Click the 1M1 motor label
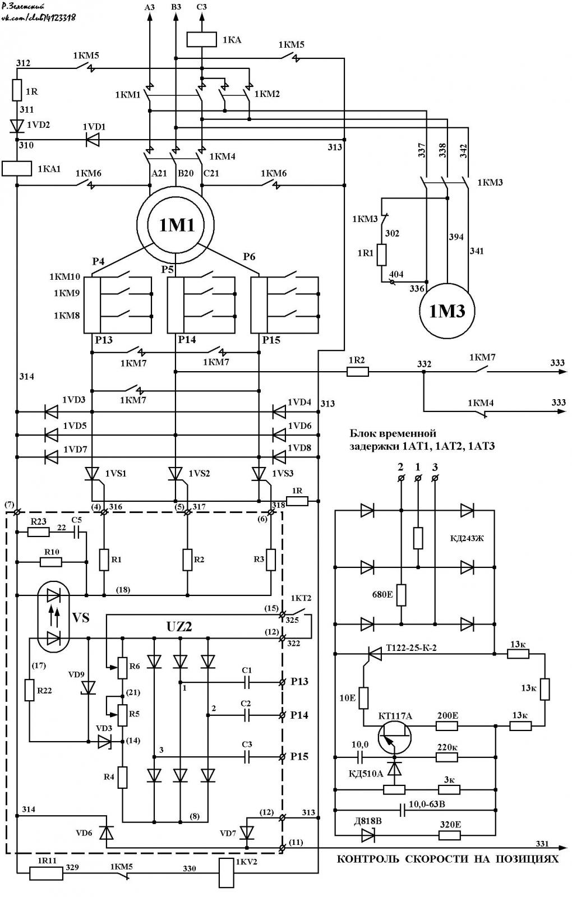pos(177,225)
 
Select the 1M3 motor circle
pos(447,311)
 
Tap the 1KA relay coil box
pos(201,40)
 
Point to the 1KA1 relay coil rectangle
pos(17,169)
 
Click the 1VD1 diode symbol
pos(93,140)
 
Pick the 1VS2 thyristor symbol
pos(176,474)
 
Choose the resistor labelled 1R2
pos(357,372)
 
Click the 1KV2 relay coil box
pos(227,873)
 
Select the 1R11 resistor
pos(46,873)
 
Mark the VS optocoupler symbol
pos(53,616)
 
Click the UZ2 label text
pos(179,627)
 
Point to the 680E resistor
pos(401,595)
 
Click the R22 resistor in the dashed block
pos(29,690)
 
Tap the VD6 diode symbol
pos(107,832)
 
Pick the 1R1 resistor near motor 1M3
pos(381,255)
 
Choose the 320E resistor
pos(449,835)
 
